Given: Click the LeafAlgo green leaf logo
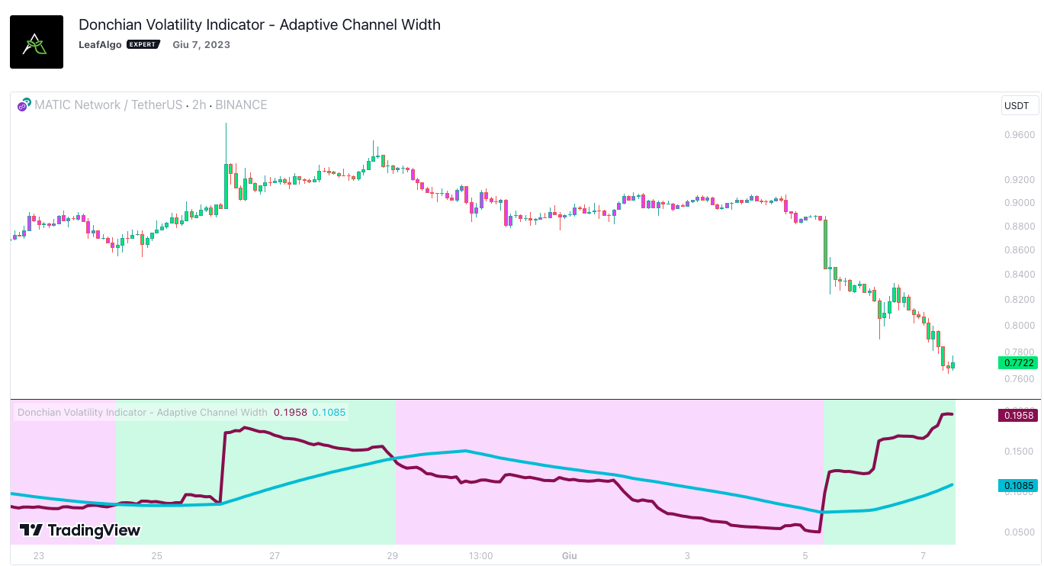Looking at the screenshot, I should coord(36,42).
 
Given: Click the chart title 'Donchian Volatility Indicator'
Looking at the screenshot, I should coord(259,24).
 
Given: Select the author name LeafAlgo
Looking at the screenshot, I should coord(100,44).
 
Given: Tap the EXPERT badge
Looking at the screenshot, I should coord(143,44).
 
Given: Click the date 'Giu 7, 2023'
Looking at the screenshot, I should coord(201,44).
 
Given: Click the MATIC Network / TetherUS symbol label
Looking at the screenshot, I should coord(108,105).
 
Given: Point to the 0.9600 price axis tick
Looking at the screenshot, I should coord(1020,135).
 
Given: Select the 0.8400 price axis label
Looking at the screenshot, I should coord(1020,275).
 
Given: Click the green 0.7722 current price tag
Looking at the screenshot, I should coord(1017,363).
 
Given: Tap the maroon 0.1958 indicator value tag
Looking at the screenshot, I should coord(1017,416).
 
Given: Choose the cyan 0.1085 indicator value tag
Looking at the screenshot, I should coord(1017,486).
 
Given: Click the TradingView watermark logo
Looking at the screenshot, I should coord(80,530).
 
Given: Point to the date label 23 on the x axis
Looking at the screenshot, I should coord(39,555).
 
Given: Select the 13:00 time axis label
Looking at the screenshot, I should coord(480,555).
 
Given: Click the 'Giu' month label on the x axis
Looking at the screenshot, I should coord(569,555).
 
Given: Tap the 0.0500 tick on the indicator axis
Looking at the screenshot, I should coord(1020,532).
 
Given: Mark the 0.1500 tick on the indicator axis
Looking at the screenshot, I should coord(1020,452).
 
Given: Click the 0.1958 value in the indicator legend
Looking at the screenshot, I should coord(291,413).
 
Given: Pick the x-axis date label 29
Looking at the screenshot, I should coord(393,555).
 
